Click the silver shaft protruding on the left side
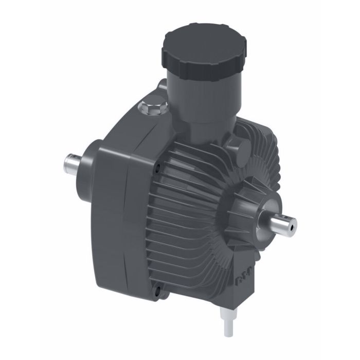pos(72,163)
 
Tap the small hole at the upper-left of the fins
pos(159,167)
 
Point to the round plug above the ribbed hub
pos(242,150)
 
